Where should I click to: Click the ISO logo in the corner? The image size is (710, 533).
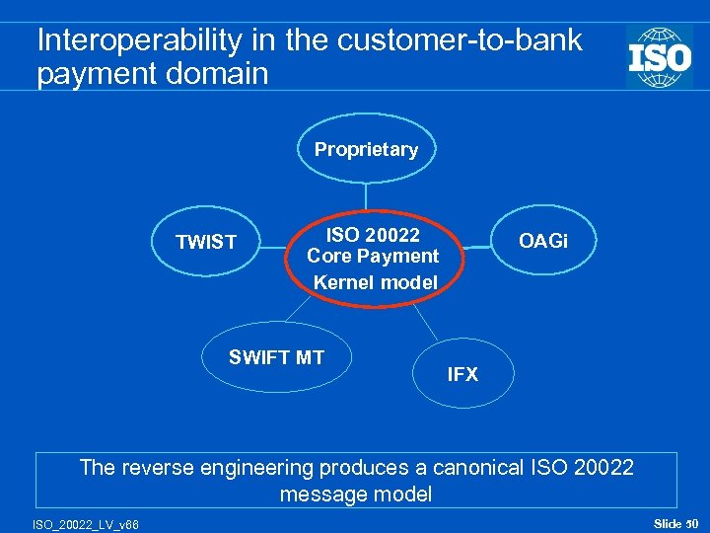coord(660,56)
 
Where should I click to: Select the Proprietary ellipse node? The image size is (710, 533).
coord(366,149)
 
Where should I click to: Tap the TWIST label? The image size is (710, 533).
coord(206,242)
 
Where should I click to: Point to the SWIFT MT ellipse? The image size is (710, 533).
coord(276,357)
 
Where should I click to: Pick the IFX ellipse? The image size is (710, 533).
coord(462,374)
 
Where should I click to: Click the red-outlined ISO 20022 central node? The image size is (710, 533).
coord(374,258)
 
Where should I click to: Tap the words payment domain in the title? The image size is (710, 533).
coord(153,74)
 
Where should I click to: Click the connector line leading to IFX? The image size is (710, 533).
coord(426,319)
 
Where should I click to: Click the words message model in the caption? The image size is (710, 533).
coord(356,495)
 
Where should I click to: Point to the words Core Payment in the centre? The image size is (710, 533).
coord(373,257)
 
